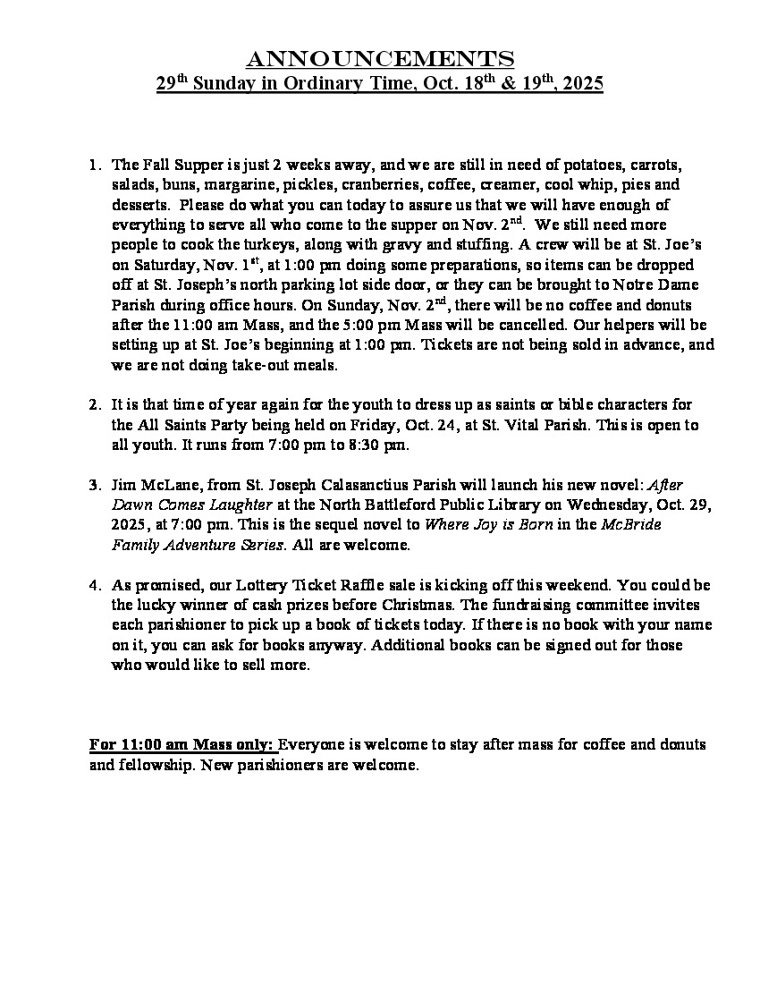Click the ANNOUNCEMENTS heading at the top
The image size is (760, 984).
tap(380, 59)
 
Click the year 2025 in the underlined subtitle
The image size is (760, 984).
tap(582, 84)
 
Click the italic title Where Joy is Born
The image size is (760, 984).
tap(487, 525)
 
